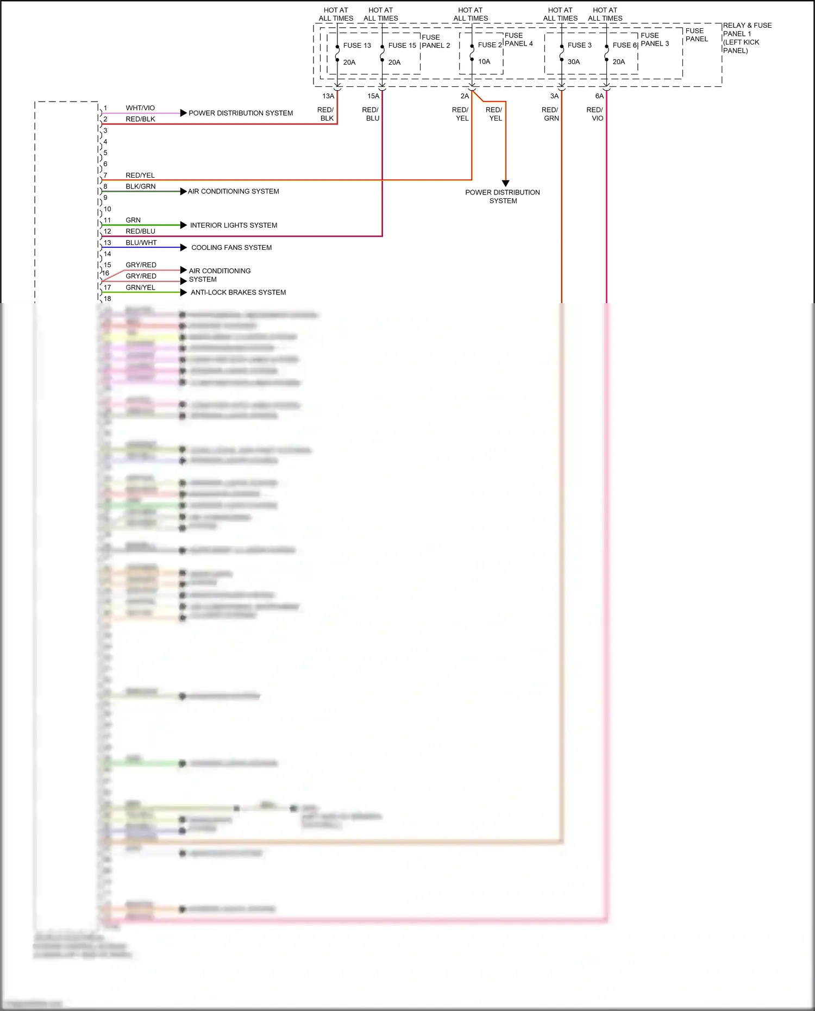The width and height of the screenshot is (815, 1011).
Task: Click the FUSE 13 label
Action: (x=356, y=46)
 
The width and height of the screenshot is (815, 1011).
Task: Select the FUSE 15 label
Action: (x=402, y=46)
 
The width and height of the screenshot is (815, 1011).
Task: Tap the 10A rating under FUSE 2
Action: (x=484, y=62)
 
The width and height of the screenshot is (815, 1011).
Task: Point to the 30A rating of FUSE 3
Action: (x=574, y=62)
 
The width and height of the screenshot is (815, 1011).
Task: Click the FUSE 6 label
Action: (x=624, y=46)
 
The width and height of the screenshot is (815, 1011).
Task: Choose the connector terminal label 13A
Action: (x=328, y=96)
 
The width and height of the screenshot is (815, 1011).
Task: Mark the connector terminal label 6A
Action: (x=599, y=96)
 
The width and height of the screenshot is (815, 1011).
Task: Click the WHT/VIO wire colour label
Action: (x=140, y=108)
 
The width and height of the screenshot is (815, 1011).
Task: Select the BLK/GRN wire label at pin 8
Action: (x=141, y=186)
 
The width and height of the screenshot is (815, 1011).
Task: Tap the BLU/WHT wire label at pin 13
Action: (x=141, y=243)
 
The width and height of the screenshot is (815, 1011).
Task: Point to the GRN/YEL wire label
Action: (x=141, y=287)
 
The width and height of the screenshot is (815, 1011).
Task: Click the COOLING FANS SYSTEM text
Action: (x=231, y=248)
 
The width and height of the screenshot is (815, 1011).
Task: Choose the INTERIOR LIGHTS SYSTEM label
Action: (x=234, y=225)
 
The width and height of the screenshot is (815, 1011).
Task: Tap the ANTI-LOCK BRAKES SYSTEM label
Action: (x=238, y=292)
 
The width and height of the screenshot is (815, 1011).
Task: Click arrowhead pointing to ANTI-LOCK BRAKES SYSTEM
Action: (x=184, y=292)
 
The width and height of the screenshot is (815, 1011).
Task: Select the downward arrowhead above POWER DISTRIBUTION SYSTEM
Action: (x=505, y=183)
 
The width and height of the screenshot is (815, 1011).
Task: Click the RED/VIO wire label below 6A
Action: (x=595, y=114)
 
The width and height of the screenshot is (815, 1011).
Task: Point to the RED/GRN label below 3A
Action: (x=550, y=114)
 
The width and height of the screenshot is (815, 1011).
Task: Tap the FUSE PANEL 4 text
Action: (x=518, y=40)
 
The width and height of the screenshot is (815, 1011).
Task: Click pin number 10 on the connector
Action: (x=107, y=209)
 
